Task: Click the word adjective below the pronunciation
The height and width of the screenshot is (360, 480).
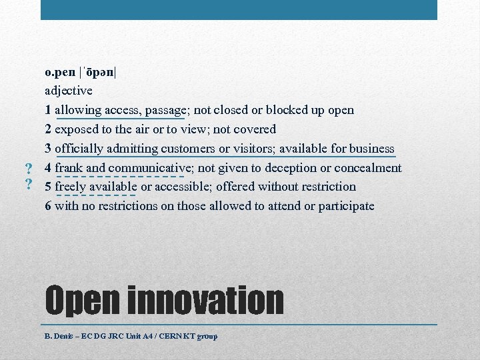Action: click(69, 91)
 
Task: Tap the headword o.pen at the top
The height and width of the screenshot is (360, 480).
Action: click(60, 71)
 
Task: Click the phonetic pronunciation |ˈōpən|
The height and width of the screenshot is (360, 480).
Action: click(97, 71)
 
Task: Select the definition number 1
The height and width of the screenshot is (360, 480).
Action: click(48, 110)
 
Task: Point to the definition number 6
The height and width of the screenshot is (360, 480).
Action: click(48, 206)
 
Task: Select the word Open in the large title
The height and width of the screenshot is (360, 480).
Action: click(81, 301)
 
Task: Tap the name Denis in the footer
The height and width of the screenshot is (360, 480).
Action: click(62, 336)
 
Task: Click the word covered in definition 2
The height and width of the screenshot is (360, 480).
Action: click(254, 129)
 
